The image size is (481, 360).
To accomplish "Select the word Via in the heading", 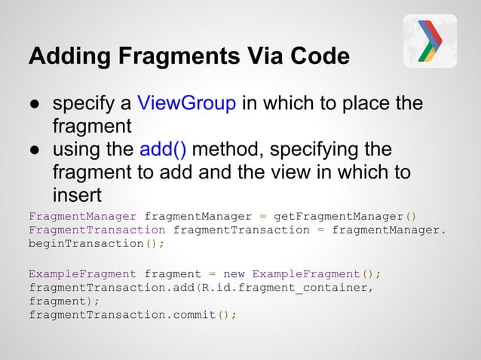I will (258, 57).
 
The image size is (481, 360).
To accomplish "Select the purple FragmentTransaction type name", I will (97, 229).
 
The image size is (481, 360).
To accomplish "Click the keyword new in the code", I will (234, 273).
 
